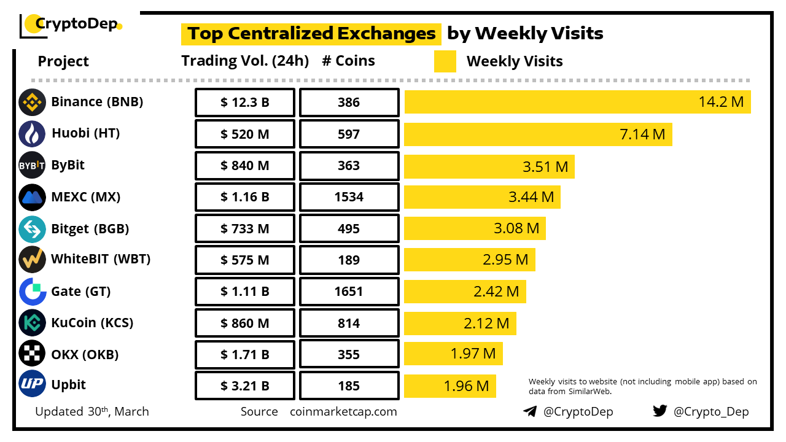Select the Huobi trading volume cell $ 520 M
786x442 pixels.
[x=245, y=134]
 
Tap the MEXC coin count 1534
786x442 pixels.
[x=349, y=197]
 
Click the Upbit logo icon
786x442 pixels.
[x=32, y=385]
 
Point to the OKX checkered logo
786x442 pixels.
[x=32, y=354]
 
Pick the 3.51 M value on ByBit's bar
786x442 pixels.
[x=545, y=166]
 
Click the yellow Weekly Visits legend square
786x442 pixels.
[x=445, y=61]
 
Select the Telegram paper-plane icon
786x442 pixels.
[x=530, y=411]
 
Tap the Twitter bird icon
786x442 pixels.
[x=660, y=411]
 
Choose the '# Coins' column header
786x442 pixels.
[x=348, y=61]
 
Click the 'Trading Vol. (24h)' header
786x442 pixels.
[x=245, y=61]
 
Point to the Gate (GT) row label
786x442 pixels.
[x=81, y=291]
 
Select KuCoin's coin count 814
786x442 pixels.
[x=349, y=324]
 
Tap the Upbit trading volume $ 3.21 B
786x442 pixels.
[x=245, y=386]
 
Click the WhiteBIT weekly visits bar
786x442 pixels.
[x=470, y=260]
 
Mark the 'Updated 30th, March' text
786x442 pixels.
[x=92, y=411]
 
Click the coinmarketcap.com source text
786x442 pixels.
[x=343, y=411]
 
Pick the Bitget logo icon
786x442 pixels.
[x=32, y=229]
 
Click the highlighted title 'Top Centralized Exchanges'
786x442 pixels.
[x=311, y=33]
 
